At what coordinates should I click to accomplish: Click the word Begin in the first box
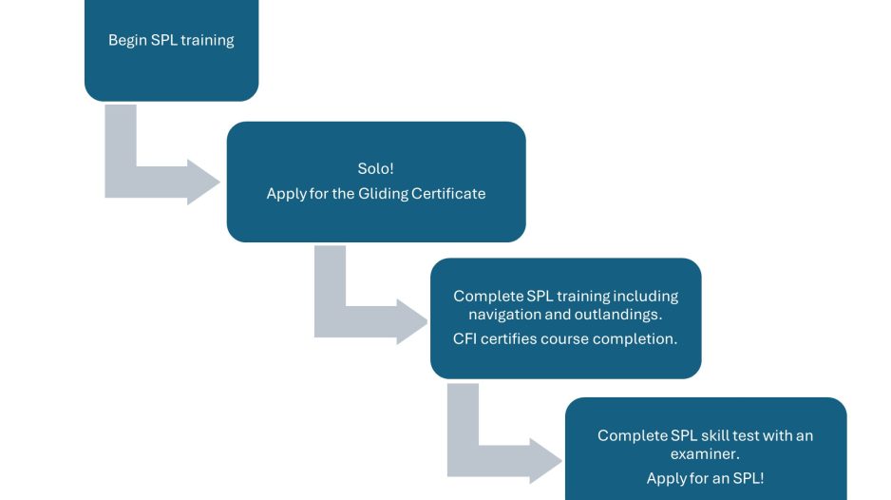pos(127,41)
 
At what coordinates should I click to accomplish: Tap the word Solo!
pos(375,168)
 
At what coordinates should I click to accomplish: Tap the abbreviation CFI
pos(468,339)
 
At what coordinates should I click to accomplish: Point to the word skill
pos(727,435)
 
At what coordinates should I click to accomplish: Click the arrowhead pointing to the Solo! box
pos(203,181)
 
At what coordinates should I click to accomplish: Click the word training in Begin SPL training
pos(207,41)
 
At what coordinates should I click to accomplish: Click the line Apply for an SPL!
pos(705,478)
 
